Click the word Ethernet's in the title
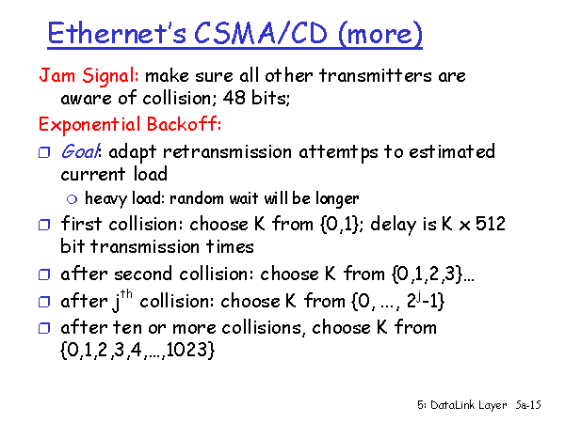click(x=118, y=33)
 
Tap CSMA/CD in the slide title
click(x=261, y=33)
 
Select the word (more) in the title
click(x=380, y=34)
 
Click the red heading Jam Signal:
click(x=89, y=76)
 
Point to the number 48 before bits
click(x=234, y=98)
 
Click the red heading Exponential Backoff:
click(x=130, y=124)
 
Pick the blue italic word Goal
click(x=80, y=151)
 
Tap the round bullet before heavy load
click(x=73, y=199)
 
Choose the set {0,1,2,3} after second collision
click(x=427, y=274)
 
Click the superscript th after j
click(x=126, y=294)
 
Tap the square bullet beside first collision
click(x=44, y=225)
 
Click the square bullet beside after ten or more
click(x=44, y=328)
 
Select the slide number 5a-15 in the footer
click(x=528, y=405)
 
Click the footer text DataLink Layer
click(x=468, y=405)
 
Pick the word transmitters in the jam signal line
click(x=375, y=76)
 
